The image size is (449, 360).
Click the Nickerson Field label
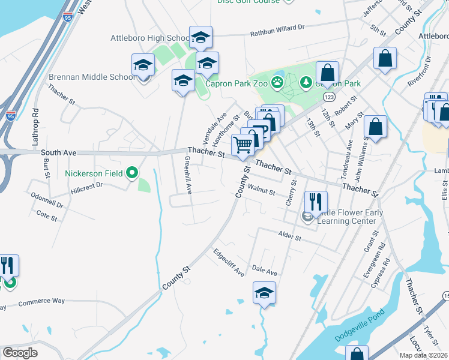point(94,174)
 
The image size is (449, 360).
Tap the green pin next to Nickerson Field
point(133,173)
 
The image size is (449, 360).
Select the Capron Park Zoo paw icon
point(278,82)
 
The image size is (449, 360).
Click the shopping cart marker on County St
point(243,145)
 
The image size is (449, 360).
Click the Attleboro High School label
point(150,38)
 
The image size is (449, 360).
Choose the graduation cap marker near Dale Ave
point(264,294)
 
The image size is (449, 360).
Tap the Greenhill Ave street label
point(188,175)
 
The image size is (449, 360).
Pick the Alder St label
point(289,236)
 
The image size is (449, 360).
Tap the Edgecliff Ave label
point(229,263)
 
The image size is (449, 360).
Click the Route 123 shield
point(328,97)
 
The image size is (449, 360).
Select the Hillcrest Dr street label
point(87,186)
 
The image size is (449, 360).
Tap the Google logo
point(19,353)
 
